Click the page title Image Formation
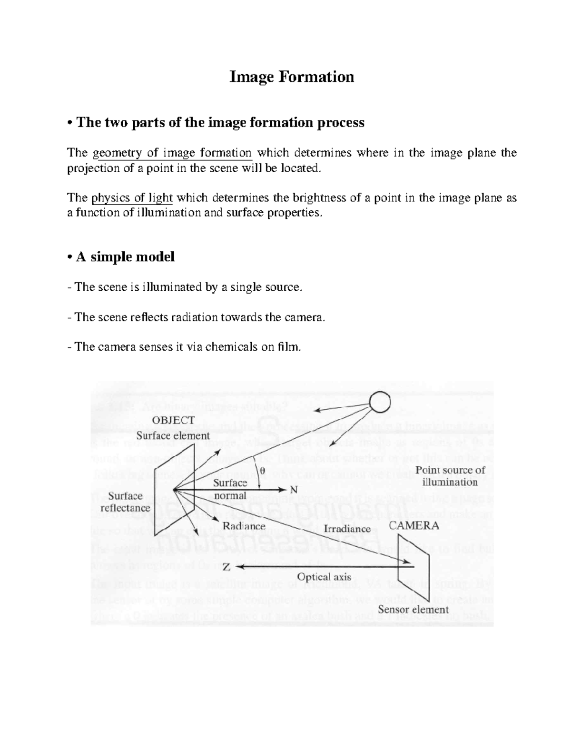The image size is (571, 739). click(292, 77)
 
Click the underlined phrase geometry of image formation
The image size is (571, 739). click(172, 153)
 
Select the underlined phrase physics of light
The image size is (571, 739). click(132, 198)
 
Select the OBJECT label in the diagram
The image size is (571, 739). click(173, 420)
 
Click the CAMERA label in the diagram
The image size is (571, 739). click(414, 526)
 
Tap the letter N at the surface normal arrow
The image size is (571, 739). click(294, 490)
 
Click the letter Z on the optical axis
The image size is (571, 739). click(227, 567)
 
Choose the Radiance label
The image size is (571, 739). click(244, 526)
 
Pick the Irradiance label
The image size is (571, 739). click(347, 529)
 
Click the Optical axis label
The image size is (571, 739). click(324, 577)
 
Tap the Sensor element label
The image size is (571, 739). click(413, 610)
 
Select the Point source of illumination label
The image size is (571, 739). click(450, 476)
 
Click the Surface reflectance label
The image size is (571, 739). click(125, 502)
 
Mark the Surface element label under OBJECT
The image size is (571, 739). click(173, 435)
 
